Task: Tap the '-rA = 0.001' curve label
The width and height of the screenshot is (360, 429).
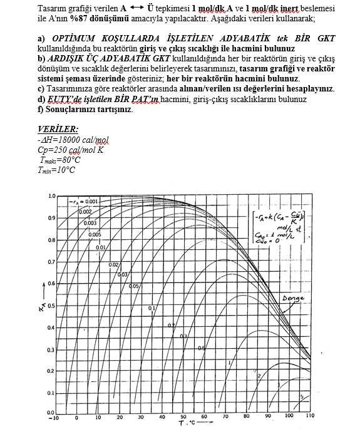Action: (83, 202)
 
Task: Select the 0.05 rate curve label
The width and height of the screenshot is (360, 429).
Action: (133, 286)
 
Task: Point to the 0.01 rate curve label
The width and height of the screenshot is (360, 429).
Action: (100, 247)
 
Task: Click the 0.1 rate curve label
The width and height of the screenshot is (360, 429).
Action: (152, 309)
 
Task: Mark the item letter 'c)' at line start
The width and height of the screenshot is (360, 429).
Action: (42, 89)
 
